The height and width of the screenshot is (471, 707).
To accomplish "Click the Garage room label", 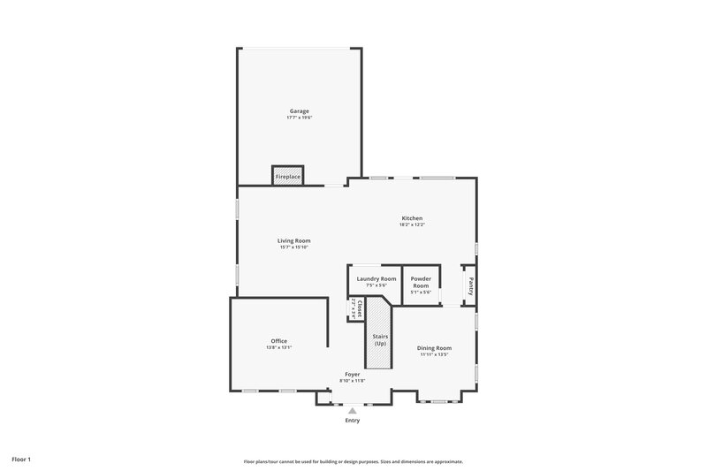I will tap(298, 111).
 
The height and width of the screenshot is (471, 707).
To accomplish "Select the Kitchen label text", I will tap(412, 218).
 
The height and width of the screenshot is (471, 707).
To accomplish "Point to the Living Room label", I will tap(293, 240).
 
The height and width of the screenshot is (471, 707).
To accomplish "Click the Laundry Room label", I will tap(376, 278).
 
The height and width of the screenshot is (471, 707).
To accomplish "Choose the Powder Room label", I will tap(421, 282).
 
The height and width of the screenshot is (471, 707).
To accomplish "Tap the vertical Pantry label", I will tap(470, 285).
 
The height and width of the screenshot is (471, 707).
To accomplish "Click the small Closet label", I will tap(360, 308).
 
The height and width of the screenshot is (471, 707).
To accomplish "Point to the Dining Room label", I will tap(434, 348).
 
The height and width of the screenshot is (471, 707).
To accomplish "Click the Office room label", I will tap(278, 341).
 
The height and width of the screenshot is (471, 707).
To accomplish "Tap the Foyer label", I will tap(353, 375).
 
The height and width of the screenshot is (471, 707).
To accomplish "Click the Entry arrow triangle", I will tap(353, 410).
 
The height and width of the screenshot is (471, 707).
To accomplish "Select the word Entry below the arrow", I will tap(353, 421).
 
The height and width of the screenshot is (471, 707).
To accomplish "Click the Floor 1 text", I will tap(21, 460).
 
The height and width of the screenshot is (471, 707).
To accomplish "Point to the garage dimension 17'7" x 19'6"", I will tap(298, 118).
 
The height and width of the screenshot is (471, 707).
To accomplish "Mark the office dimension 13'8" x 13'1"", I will tap(278, 348).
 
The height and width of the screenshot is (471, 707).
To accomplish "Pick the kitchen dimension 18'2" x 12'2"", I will tap(412, 224).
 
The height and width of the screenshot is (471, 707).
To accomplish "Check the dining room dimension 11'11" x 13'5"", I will tap(434, 355).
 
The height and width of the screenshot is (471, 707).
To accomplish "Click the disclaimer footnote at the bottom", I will tap(353, 461).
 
